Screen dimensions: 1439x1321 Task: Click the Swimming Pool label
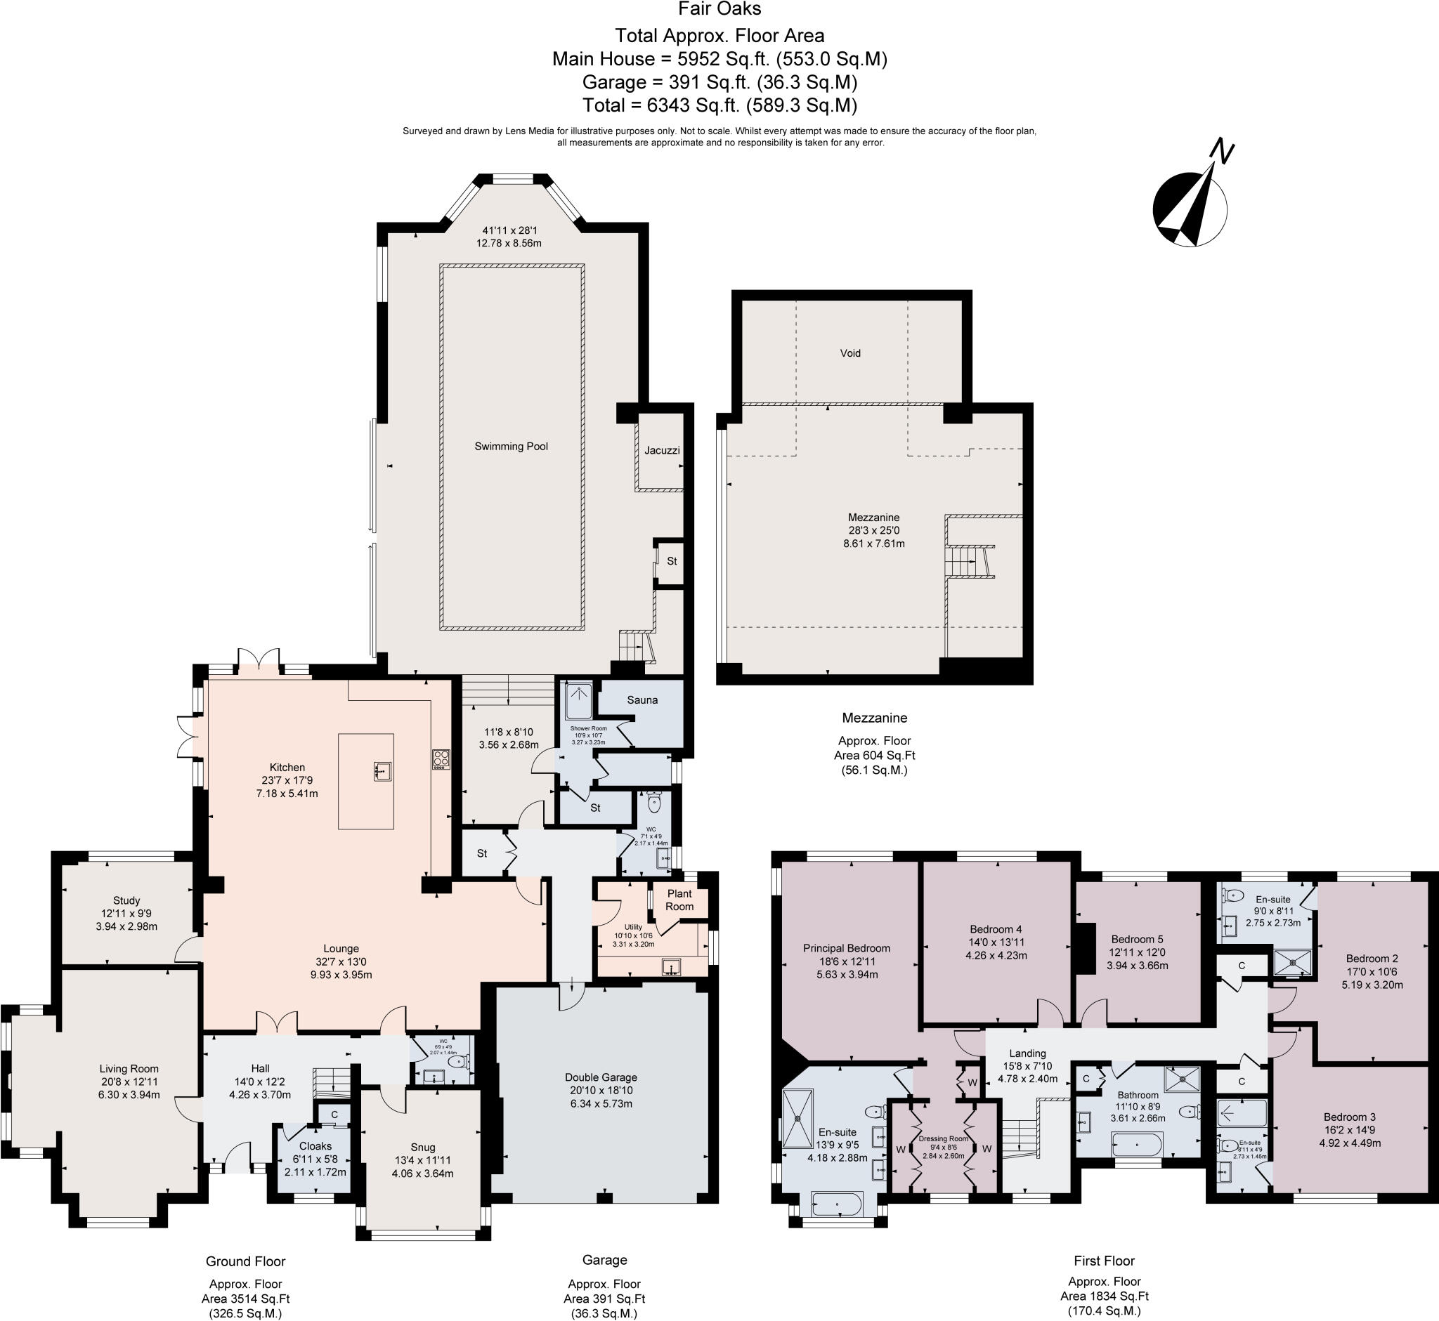tap(512, 446)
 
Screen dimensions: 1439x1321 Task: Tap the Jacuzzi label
tap(662, 450)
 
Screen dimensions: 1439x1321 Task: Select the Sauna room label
tap(642, 699)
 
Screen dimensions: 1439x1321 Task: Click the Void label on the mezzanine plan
tap(850, 353)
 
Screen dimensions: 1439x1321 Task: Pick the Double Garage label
tap(601, 1077)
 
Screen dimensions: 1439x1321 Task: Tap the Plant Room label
tap(679, 900)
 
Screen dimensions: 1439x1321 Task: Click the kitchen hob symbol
tap(441, 758)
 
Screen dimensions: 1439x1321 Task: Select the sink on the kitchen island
tap(382, 771)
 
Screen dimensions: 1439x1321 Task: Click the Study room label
tap(126, 900)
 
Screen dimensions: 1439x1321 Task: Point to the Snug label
tap(423, 1148)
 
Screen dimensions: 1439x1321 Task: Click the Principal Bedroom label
tap(847, 949)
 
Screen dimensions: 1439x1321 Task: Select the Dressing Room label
tap(944, 1138)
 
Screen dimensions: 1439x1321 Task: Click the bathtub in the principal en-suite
tap(838, 1204)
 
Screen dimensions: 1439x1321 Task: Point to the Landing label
tap(1028, 1053)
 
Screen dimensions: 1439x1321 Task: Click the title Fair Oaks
tap(719, 9)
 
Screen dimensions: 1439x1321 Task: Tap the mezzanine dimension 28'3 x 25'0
tap(874, 530)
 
